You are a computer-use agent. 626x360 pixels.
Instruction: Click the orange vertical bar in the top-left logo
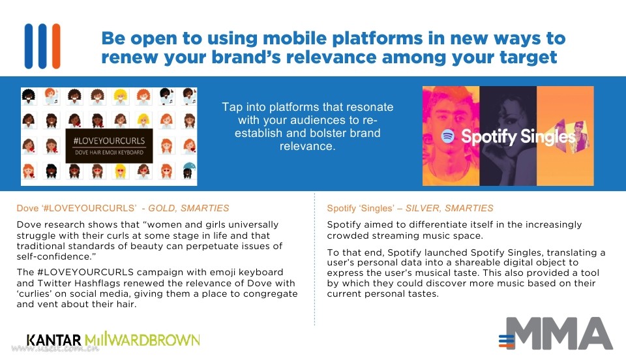coord(56,46)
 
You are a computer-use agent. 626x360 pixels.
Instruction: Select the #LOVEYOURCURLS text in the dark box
coord(109,140)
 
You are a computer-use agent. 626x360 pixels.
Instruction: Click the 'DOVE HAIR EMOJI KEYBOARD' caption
coord(109,153)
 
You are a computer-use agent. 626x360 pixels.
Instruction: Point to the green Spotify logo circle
coord(448,136)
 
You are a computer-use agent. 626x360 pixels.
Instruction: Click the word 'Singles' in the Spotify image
coord(548,137)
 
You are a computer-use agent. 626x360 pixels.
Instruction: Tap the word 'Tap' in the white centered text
coord(231,108)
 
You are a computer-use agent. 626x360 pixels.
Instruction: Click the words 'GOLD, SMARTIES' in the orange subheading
coord(188,208)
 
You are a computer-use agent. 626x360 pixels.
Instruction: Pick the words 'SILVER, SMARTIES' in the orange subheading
coord(449,208)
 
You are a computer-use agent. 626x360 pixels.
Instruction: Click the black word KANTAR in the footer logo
coord(54,340)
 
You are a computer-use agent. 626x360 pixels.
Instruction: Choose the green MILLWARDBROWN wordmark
coord(142,340)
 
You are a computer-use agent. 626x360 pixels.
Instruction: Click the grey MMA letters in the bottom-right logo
coord(562,334)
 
